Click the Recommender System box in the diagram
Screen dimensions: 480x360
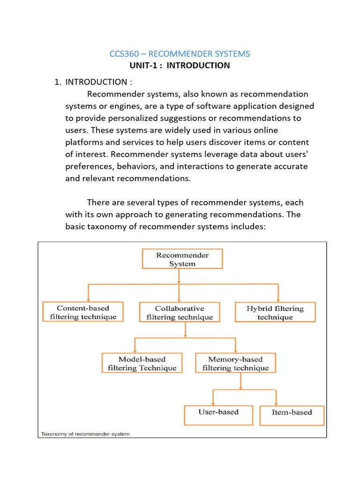tap(182, 259)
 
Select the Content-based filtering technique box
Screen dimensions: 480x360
tap(83, 312)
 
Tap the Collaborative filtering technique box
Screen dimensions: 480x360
tap(180, 313)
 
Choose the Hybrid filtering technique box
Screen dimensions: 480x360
tap(275, 313)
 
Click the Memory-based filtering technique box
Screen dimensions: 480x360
tap(235, 363)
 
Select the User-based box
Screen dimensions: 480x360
tap(218, 412)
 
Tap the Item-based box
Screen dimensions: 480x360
tap(292, 412)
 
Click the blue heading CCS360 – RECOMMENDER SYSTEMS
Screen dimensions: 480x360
tap(180, 54)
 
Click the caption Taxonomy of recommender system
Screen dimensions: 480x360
tap(85, 434)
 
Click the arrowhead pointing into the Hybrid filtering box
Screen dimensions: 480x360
tap(278, 300)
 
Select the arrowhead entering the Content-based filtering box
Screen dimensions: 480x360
tap(88, 300)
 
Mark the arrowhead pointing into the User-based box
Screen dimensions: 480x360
tap(213, 403)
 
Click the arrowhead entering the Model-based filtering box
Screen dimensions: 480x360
tap(135, 351)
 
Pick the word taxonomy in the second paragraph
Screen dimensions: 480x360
tap(106, 227)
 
